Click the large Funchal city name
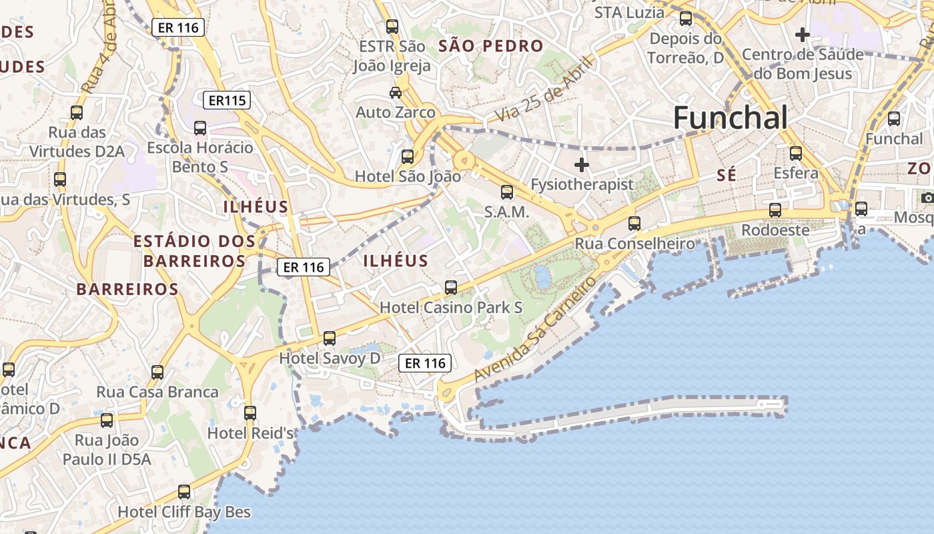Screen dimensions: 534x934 click(731, 119)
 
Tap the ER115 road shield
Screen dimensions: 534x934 click(227, 101)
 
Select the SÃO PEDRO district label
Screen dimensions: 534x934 click(491, 46)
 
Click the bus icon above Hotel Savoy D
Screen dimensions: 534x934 click(330, 338)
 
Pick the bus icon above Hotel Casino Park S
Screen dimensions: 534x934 click(451, 288)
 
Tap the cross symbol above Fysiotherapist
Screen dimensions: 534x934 click(582, 164)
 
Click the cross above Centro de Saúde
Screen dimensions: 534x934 click(803, 34)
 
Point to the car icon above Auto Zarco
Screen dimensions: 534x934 click(396, 92)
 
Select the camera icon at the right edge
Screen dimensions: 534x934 click(927, 198)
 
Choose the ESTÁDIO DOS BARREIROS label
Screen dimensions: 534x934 click(194, 251)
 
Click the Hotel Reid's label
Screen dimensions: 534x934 click(251, 433)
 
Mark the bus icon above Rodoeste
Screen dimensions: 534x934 click(775, 210)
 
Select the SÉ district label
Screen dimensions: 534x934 click(726, 176)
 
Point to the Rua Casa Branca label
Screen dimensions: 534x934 click(157, 392)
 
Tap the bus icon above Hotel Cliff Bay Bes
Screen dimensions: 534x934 click(184, 493)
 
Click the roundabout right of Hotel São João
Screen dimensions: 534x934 click(463, 161)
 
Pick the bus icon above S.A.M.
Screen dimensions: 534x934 click(507, 192)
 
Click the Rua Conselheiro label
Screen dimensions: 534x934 click(634, 244)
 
